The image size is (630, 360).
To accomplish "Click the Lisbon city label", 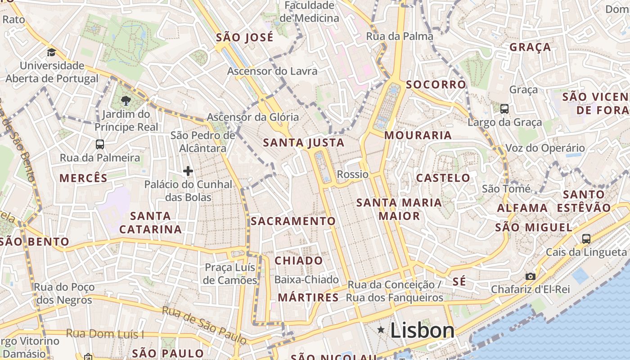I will click(422, 331).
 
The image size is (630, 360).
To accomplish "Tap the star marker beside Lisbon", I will click(381, 330).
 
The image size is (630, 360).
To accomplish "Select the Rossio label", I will click(353, 174).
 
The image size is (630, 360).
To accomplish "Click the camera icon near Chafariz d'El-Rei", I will click(531, 276).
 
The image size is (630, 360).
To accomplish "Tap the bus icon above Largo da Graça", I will click(504, 108).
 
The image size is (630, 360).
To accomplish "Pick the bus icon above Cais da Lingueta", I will click(586, 238).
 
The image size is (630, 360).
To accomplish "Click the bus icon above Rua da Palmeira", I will click(100, 144).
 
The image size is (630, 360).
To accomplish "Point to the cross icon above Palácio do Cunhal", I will click(188, 171).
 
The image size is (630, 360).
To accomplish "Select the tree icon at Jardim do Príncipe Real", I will click(126, 101).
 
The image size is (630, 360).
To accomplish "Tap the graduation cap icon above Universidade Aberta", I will click(51, 52).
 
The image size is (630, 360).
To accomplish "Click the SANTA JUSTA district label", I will click(304, 143).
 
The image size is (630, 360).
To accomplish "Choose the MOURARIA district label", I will click(418, 135).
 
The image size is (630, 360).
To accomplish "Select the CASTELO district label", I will click(443, 178).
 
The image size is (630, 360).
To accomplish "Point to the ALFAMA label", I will click(522, 208).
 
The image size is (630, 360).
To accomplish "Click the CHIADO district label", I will click(299, 261).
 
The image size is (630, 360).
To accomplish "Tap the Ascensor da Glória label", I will click(253, 117).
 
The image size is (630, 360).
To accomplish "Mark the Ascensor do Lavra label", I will click(272, 71).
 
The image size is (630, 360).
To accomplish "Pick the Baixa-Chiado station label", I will click(306, 279).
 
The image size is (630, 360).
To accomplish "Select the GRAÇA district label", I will click(530, 47).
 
